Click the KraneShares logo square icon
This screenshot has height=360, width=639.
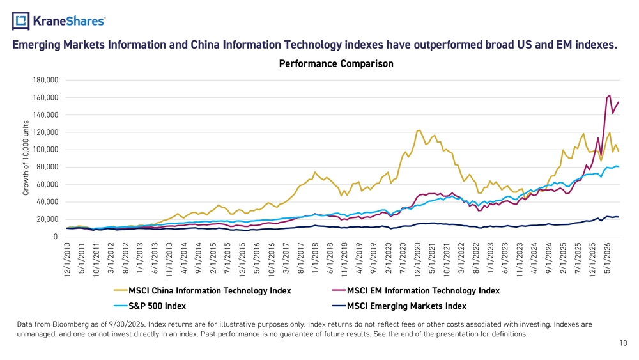[x=21, y=21]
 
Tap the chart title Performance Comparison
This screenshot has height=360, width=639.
[x=336, y=63]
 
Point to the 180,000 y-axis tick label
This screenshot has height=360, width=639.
[x=45, y=81]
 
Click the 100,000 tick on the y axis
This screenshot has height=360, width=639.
[x=45, y=150]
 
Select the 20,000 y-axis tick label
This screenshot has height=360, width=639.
[x=47, y=219]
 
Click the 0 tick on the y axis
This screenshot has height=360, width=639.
[x=56, y=237]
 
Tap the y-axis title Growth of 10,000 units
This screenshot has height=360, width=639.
[x=26, y=158]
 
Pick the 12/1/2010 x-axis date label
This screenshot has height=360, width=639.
[x=67, y=260]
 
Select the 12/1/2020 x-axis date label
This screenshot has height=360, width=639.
[x=418, y=260]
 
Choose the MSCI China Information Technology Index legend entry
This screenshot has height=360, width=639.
[x=203, y=291]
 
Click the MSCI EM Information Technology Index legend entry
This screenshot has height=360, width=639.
[x=416, y=291]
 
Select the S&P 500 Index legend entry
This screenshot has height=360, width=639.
[x=150, y=306]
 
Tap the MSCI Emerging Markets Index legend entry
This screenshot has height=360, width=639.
[x=399, y=306]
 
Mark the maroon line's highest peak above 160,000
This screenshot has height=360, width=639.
[x=610, y=95]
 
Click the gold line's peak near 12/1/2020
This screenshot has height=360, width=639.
[x=419, y=130]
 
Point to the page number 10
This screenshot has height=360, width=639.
[x=624, y=343]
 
